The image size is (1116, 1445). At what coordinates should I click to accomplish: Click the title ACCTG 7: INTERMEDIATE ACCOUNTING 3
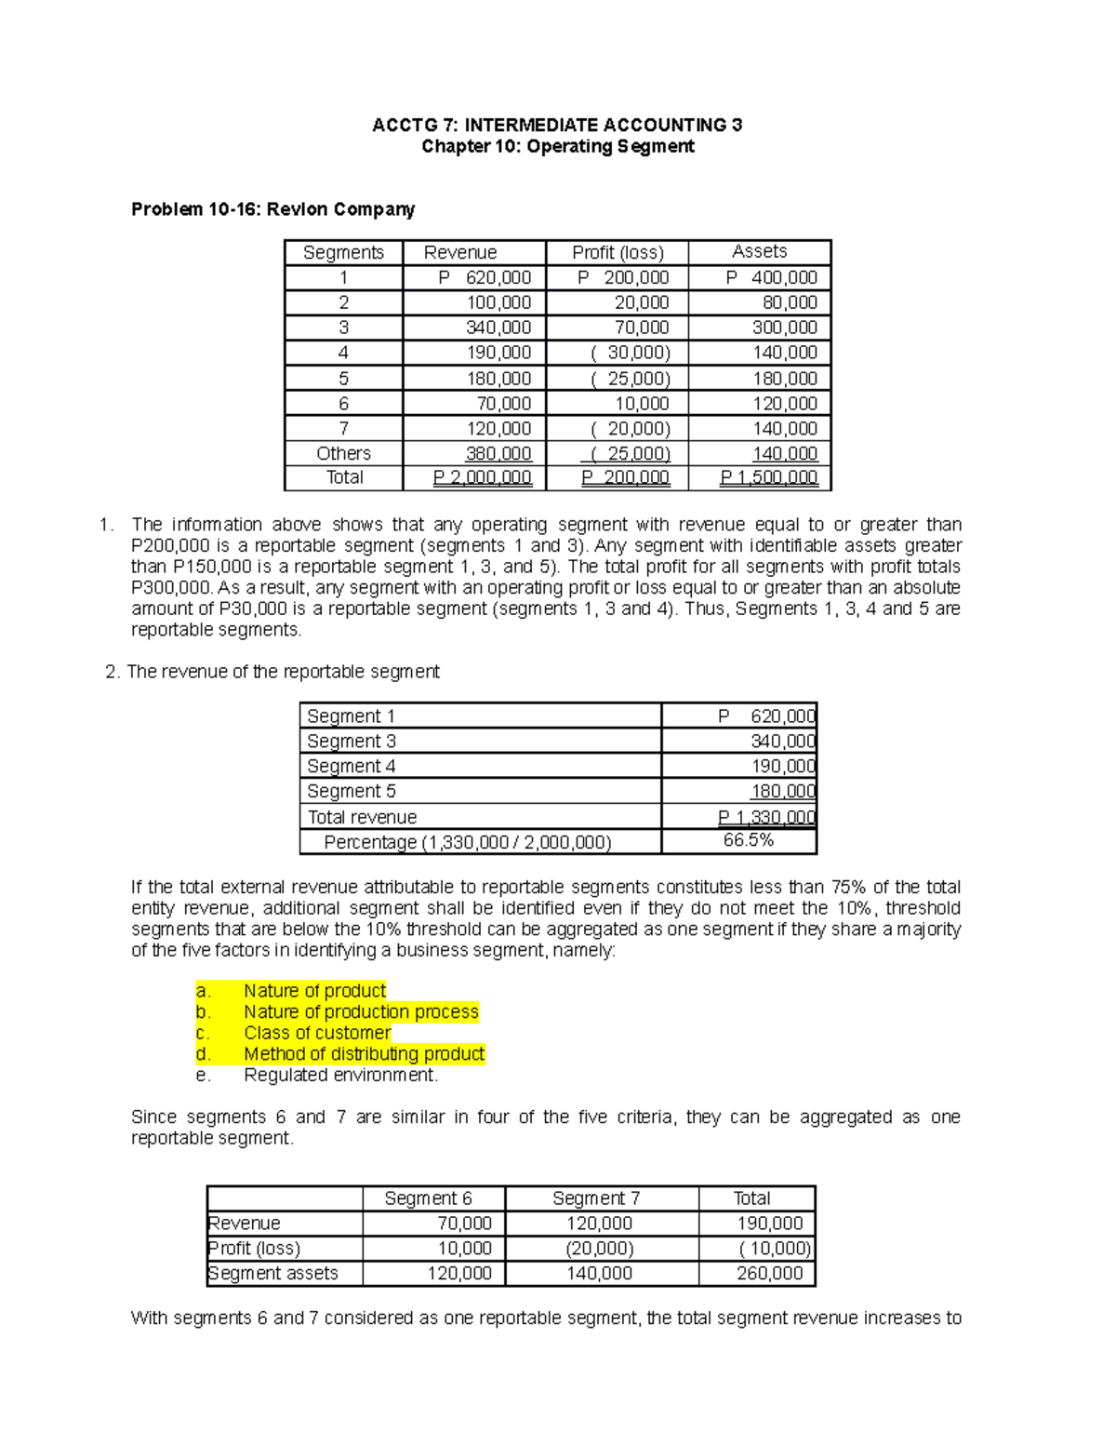point(557,125)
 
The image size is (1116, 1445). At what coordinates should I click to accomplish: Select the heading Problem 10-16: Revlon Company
point(272,209)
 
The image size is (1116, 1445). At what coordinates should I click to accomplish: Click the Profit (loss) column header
point(618,252)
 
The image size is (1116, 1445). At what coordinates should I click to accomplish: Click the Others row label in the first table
point(343,453)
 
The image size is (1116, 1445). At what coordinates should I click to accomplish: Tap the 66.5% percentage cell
point(748,840)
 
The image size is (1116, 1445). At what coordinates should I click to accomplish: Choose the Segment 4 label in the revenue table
point(352,766)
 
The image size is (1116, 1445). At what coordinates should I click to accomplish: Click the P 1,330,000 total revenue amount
point(766,817)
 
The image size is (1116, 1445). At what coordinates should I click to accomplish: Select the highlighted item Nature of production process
point(361,1011)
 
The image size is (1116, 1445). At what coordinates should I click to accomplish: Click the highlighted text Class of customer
point(317,1033)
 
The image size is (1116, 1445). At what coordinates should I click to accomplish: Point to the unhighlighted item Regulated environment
point(340,1075)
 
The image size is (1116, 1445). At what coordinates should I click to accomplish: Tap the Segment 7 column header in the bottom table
point(595,1198)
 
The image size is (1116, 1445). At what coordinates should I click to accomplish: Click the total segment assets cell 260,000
point(769,1273)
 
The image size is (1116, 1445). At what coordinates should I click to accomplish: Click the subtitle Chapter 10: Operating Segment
point(557,146)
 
